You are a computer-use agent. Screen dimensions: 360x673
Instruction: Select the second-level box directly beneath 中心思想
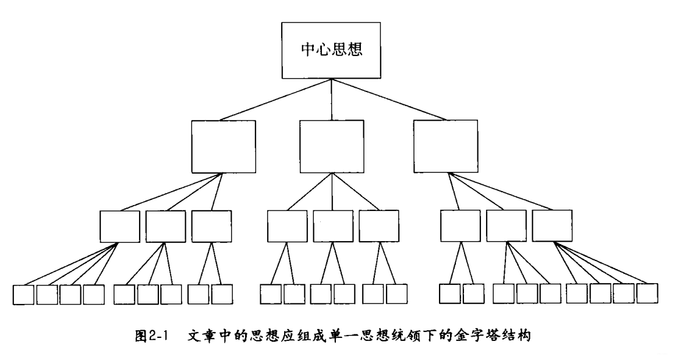point(331,145)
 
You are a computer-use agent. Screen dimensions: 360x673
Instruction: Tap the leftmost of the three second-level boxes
point(224,145)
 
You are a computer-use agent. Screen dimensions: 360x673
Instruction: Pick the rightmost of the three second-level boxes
point(445,145)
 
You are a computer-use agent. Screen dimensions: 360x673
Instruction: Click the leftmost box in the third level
point(119,226)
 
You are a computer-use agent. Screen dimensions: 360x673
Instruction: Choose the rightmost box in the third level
point(551,226)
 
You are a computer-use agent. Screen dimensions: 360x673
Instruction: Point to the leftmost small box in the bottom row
point(24,294)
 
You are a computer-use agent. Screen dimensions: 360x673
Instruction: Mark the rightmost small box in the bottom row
point(647,293)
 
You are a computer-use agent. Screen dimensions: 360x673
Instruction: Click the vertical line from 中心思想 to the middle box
point(331,99)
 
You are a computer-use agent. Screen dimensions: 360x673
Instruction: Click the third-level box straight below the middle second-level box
point(332,226)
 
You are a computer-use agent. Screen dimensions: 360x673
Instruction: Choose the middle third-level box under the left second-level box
point(165,226)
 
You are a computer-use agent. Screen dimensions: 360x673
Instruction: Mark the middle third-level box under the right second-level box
point(505,226)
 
